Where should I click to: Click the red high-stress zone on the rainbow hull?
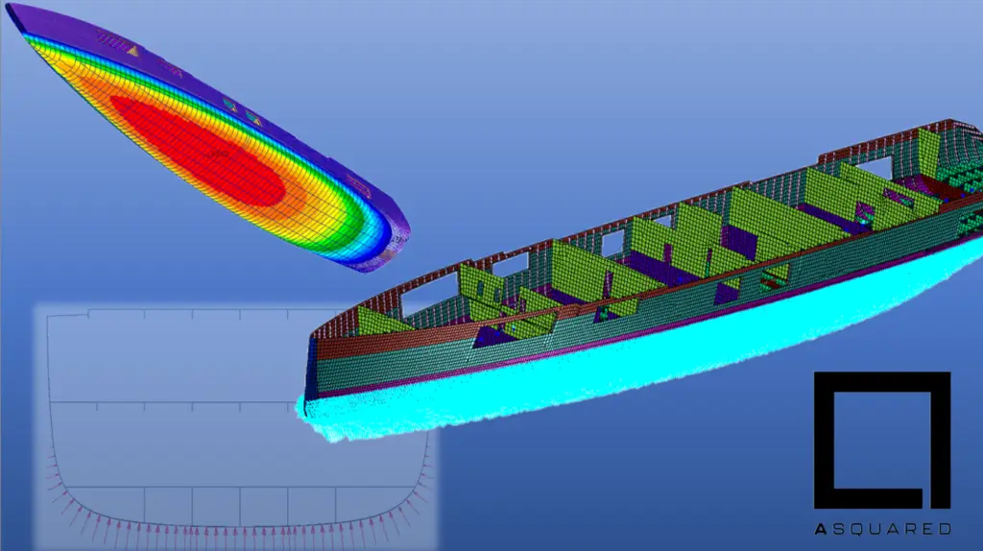198,151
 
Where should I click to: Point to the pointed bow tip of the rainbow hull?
8,9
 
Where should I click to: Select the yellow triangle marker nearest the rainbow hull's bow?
132,51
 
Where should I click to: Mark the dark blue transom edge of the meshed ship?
308,376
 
